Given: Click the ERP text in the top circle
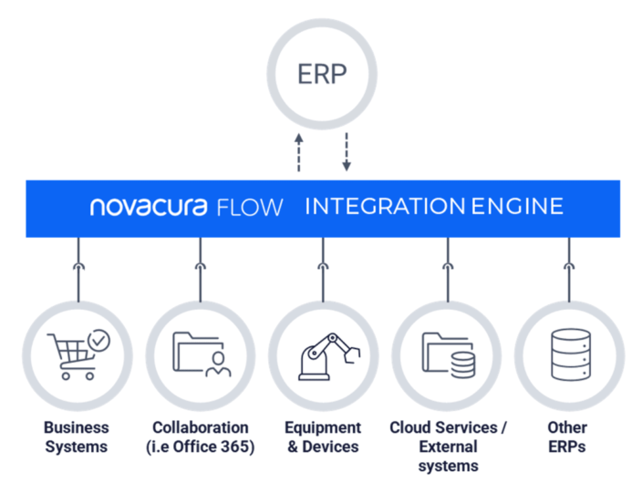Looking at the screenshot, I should coord(322,74).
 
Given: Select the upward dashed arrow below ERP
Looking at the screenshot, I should coord(299,151).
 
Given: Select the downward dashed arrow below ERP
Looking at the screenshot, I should coord(347,151).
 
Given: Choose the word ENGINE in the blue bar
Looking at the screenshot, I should coord(517,207).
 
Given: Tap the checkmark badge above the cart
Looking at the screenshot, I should coord(98,340).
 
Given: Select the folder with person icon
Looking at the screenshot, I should coord(201,354).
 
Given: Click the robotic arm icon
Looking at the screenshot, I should coord(323,355).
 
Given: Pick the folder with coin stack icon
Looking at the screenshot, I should coord(447,354).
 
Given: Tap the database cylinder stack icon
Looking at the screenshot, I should coord(569,354).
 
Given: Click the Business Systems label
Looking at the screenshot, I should coord(77,437).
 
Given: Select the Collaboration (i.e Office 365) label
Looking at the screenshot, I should coord(201,437).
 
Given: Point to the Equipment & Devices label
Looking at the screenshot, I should coord(323,437).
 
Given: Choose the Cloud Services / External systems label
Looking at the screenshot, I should coord(448,447).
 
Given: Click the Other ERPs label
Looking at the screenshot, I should coord(568,437).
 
